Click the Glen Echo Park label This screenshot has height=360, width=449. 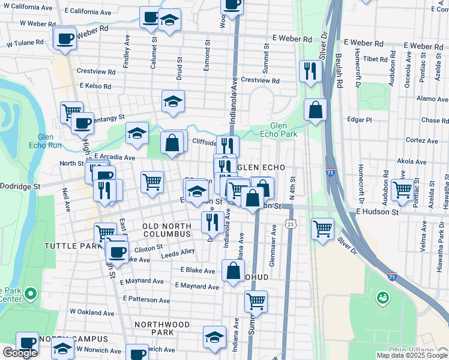[279, 130]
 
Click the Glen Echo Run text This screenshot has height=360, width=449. [49, 140]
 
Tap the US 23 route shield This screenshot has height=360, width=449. [291, 224]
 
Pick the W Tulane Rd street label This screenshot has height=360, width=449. [25, 43]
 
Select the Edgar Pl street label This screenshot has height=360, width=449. [360, 119]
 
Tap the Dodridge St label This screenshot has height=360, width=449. [20, 187]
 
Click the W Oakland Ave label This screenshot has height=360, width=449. [91, 311]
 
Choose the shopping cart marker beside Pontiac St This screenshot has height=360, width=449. [403, 190]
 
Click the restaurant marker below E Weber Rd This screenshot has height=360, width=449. [310, 71]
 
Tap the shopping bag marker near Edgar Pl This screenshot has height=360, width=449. [315, 110]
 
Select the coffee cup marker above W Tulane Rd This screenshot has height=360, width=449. [65, 38]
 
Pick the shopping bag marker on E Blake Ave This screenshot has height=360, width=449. [233, 271]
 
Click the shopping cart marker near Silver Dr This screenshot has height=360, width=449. [323, 228]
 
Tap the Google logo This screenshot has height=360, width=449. [20, 353]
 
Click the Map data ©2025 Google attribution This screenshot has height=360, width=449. [411, 355]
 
